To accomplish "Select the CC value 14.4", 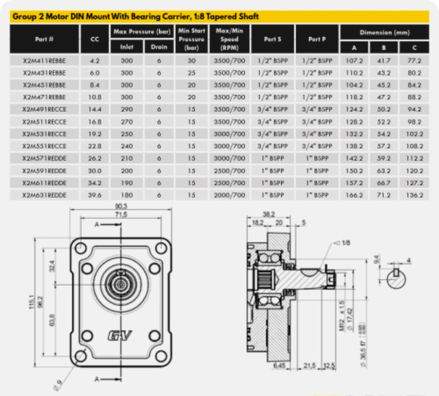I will [x=94, y=109].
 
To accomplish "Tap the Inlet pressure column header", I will [x=126, y=47].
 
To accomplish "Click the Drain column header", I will [x=159, y=47].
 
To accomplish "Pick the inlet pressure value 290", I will [x=126, y=109].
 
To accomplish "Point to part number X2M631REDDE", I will [x=44, y=195].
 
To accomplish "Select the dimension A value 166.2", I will [x=354, y=195].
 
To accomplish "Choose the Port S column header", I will [x=273, y=39].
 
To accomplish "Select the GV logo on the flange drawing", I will [x=120, y=336].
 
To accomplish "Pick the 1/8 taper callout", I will [x=343, y=242].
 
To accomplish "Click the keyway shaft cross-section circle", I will [x=396, y=278].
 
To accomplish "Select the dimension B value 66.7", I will [x=384, y=183].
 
